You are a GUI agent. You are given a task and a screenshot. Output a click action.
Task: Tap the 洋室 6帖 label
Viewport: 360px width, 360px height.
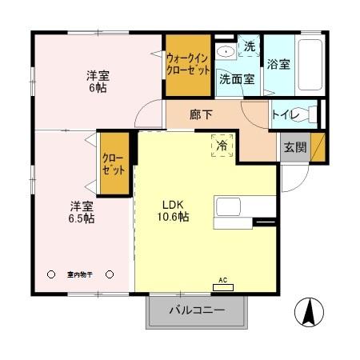pos(98,82)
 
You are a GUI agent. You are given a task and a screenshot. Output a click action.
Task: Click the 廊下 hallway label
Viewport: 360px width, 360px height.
pos(202,114)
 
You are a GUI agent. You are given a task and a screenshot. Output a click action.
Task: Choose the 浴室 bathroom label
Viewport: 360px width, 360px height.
pos(279,64)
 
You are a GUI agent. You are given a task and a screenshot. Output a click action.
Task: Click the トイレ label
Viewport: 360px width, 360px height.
pos(286,115)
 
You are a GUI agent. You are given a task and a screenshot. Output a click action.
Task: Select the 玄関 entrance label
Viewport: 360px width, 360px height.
pos(293,147)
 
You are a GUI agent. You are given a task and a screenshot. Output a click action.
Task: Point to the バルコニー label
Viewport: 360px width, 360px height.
pos(196,310)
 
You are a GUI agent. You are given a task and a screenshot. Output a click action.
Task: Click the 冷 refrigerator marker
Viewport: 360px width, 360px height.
pos(219,146)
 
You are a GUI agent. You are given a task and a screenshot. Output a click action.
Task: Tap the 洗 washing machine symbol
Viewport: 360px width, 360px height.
pos(250,46)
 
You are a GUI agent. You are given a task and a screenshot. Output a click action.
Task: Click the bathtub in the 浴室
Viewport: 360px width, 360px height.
pos(310,63)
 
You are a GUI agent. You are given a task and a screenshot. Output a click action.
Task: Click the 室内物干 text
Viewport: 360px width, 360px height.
pos(80,274)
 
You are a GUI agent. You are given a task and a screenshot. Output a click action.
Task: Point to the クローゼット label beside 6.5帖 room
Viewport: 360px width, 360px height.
pos(113,163)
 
